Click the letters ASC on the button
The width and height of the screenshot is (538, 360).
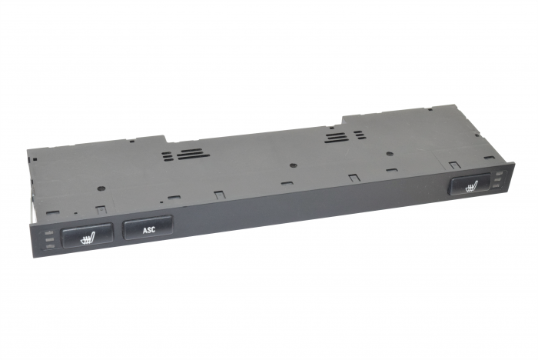(149, 230)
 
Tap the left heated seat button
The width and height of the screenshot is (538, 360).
(87, 235)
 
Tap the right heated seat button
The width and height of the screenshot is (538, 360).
(470, 185)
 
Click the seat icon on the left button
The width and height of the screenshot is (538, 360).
(88, 238)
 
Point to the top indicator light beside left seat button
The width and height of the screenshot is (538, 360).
(50, 232)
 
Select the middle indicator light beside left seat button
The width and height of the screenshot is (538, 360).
(50, 238)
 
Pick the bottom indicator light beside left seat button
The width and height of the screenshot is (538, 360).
(51, 246)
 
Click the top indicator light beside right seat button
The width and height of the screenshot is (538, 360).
(500, 174)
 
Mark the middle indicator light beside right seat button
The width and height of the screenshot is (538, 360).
(500, 180)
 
